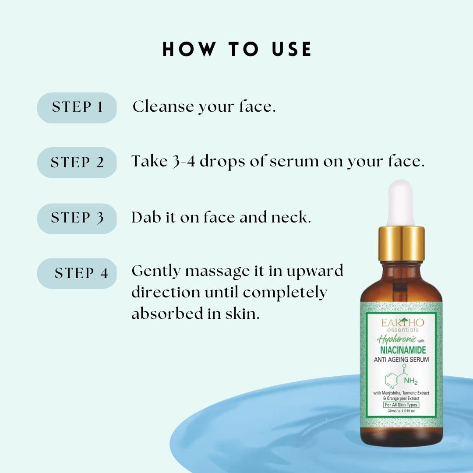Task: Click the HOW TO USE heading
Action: [x=237, y=49]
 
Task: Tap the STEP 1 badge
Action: [x=77, y=107]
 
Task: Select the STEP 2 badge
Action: [x=77, y=162]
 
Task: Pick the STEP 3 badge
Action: [x=77, y=218]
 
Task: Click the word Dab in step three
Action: [x=146, y=217]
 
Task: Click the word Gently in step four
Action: [x=156, y=272]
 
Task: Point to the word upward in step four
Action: [x=314, y=272]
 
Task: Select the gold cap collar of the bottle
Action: [x=400, y=243]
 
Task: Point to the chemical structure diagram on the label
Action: [x=396, y=376]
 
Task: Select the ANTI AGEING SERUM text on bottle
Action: [x=400, y=360]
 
